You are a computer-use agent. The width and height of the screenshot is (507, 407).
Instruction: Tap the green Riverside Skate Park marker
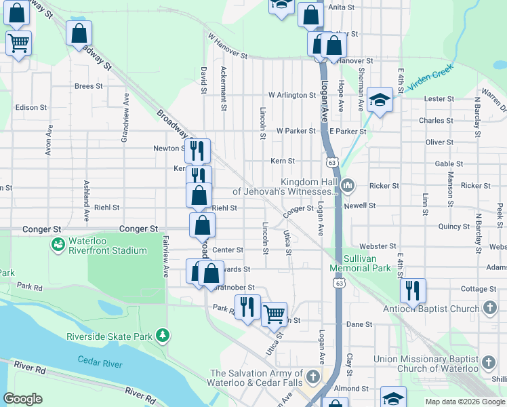coord(162,336)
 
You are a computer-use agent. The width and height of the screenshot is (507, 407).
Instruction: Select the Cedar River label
coord(100,363)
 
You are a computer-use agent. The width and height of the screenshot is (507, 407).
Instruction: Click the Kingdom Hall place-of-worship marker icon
coord(348,185)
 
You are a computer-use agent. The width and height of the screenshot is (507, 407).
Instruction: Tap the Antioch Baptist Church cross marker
coord(490,309)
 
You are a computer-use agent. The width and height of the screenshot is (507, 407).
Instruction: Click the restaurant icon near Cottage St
coord(413,290)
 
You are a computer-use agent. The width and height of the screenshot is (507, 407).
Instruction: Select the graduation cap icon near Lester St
coord(380,100)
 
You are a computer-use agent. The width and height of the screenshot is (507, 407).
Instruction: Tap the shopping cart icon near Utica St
coord(274,313)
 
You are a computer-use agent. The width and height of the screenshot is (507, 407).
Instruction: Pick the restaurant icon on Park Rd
coord(247,307)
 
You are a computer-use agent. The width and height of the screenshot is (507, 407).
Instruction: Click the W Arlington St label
coord(292,95)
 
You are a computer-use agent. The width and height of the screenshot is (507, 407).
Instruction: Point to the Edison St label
coord(31,107)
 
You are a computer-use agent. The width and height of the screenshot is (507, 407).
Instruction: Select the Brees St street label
coord(88,86)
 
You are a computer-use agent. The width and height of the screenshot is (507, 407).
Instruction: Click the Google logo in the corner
coord(23,399)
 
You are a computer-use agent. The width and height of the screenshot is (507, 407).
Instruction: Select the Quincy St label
coord(454,227)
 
